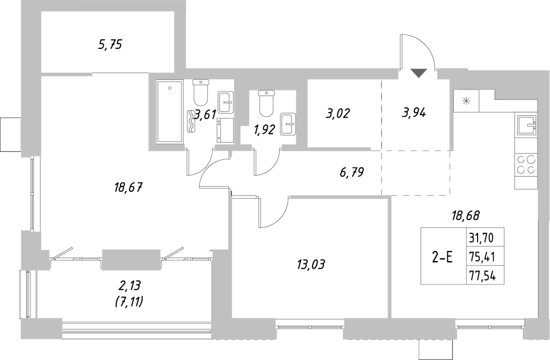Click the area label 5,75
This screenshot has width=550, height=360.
(110, 45)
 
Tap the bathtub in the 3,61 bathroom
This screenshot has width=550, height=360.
(170, 112)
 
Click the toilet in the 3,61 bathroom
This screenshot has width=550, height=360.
(200, 92)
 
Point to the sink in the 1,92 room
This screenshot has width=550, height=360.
(288, 124)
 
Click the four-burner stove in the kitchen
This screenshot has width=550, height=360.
(526, 165)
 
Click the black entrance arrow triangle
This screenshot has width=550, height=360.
(418, 73)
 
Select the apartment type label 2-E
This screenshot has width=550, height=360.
(442, 257)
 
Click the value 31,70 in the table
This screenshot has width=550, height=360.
(478, 238)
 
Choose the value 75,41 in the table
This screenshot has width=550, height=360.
(478, 257)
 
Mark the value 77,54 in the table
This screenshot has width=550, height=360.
(478, 276)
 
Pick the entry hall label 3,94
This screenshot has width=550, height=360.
(414, 114)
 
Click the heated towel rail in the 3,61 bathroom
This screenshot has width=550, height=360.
(191, 122)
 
